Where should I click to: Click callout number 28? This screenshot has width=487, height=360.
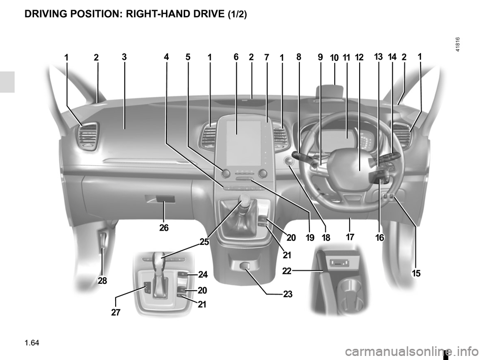coord(102,280)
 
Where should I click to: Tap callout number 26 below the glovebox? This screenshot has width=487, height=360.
coord(164,228)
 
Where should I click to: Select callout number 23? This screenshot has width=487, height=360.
coord(288,294)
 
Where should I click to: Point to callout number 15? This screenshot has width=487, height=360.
coord(416,273)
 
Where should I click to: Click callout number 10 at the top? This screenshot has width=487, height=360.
coord(334,58)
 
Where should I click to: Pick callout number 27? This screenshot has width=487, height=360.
coord(116,312)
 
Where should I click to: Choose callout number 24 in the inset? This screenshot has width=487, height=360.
coord(203,275)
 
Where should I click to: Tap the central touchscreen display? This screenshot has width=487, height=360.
coord(243,143)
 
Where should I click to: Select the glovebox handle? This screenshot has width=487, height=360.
coord(165,199)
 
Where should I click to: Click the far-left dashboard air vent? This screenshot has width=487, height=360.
coord(88,136)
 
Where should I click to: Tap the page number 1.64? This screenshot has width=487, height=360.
coord(32,343)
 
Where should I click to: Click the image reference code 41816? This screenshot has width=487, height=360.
coord(458,45)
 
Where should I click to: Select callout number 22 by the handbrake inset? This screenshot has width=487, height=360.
coord(287,271)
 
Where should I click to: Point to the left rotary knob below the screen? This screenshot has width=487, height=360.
coord(226,174)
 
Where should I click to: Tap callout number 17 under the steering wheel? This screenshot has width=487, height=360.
coord(350,237)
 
